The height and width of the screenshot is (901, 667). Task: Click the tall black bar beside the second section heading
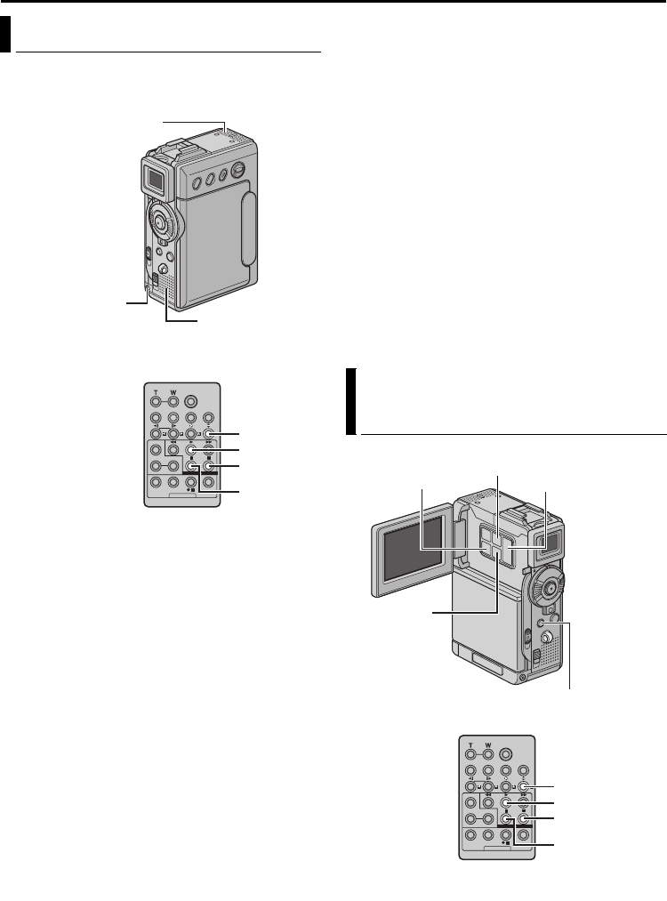(350, 401)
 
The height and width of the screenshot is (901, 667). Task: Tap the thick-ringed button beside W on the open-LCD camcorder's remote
(508, 750)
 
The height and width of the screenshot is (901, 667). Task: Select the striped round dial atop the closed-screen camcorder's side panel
(237, 173)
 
